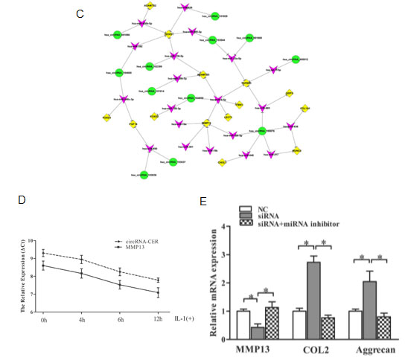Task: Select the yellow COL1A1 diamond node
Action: pos(304,108)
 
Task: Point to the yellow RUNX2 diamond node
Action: pos(297,150)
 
